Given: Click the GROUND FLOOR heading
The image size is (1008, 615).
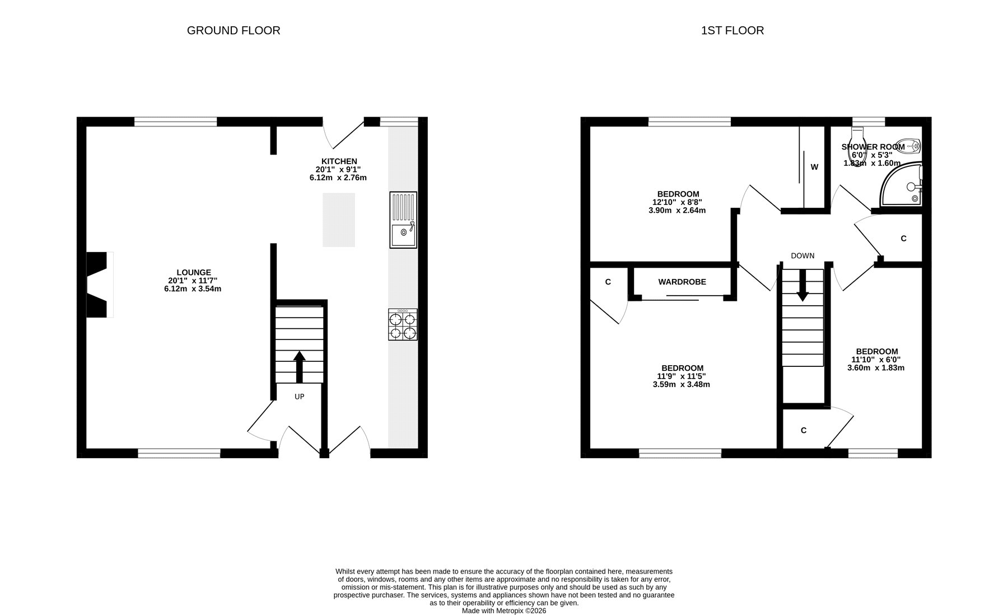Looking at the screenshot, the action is click(234, 30).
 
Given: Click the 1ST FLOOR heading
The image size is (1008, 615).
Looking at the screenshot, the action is click(732, 30).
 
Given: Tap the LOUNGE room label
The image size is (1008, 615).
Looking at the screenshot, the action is click(194, 273).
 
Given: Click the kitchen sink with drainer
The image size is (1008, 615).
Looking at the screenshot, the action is click(403, 220).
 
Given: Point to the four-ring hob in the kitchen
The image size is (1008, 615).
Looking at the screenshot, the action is click(403, 325).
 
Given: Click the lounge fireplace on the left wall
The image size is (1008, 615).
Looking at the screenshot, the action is click(100, 285).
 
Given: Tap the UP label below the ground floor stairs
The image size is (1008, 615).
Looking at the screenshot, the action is click(300, 397).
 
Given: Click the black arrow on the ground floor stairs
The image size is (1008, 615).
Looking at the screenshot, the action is click(300, 366).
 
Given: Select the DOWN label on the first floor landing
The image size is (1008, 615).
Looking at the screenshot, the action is click(802, 255).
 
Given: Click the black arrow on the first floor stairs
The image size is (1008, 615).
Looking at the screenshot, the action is click(802, 286).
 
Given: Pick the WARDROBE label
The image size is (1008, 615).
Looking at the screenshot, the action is click(682, 282).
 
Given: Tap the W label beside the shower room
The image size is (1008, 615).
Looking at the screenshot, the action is click(814, 167).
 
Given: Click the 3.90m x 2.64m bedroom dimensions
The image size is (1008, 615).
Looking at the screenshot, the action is click(677, 211).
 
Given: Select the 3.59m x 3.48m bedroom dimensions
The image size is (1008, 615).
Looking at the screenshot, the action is click(681, 384).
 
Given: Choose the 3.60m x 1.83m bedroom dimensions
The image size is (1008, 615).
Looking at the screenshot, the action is click(876, 368).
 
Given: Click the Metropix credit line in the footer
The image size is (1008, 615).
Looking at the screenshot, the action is click(504, 611).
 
